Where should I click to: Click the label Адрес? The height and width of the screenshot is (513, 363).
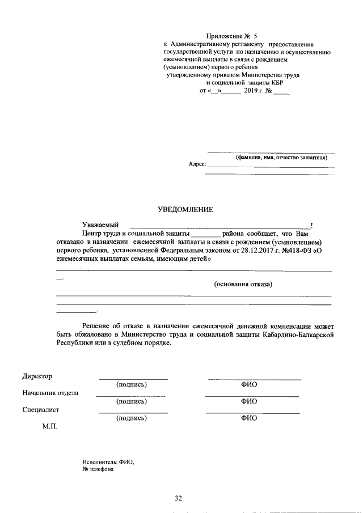pyautogui.click(x=196, y=164)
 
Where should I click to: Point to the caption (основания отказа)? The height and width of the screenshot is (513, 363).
pyautogui.click(x=243, y=285)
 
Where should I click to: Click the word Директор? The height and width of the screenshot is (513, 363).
pyautogui.click(x=37, y=376)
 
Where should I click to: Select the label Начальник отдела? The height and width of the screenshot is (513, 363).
pyautogui.click(x=50, y=392)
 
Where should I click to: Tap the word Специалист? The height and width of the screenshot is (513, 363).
pyautogui.click(x=41, y=409)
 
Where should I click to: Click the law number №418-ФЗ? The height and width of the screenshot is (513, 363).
pyautogui.click(x=294, y=249)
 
